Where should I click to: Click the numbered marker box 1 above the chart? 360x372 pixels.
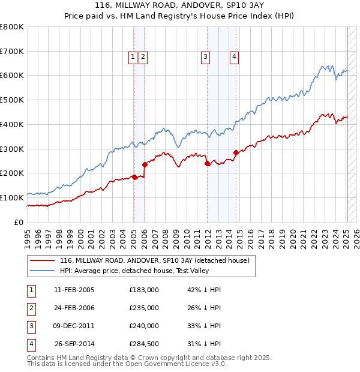(133, 57)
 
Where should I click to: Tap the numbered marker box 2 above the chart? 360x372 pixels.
(143, 57)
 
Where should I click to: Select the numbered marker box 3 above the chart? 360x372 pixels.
(205, 57)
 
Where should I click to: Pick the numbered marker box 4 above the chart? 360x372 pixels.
(234, 57)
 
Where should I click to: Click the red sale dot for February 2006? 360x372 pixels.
(145, 164)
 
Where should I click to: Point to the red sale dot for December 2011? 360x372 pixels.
(208, 163)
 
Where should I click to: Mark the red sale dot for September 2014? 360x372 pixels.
(236, 152)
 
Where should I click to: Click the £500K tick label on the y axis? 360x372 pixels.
(12, 100)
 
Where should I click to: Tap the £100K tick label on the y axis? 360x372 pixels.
(12, 197)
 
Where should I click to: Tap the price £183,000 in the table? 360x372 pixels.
(144, 290)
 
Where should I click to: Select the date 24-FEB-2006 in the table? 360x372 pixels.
(74, 308)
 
